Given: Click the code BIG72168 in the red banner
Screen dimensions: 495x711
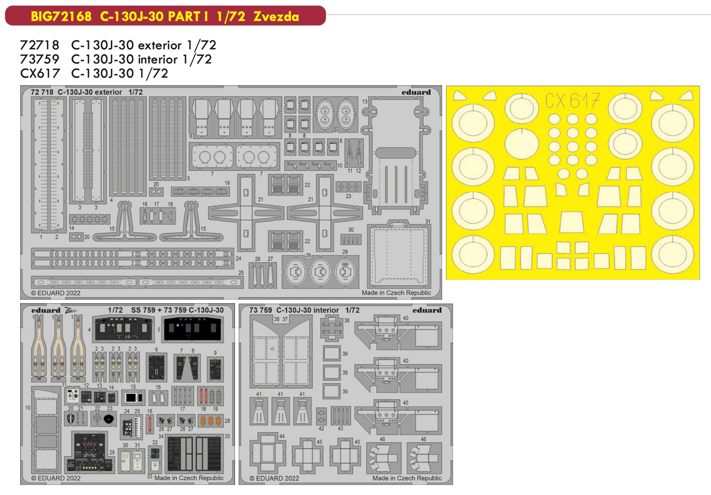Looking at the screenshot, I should pyautogui.click(x=61, y=16).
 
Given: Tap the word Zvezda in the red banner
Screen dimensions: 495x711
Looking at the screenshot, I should pyautogui.click(x=276, y=16).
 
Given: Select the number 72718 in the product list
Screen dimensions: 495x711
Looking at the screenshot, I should pyautogui.click(x=39, y=45).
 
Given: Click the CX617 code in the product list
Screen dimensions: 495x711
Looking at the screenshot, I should pyautogui.click(x=39, y=73).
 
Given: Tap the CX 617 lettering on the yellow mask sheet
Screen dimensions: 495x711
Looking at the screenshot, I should pyautogui.click(x=572, y=101).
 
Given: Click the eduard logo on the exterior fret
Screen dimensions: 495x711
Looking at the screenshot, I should pyautogui.click(x=416, y=92).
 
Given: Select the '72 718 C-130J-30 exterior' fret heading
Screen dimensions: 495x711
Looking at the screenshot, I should pyautogui.click(x=87, y=92).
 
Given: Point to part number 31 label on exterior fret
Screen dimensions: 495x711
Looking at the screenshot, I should pyautogui.click(x=428, y=221).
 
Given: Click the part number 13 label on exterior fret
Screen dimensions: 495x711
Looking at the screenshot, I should pyautogui.click(x=365, y=101).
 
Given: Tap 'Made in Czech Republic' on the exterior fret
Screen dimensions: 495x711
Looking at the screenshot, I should pyautogui.click(x=396, y=293).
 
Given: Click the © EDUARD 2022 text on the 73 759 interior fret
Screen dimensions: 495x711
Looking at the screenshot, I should pyautogui.click(x=274, y=478).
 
